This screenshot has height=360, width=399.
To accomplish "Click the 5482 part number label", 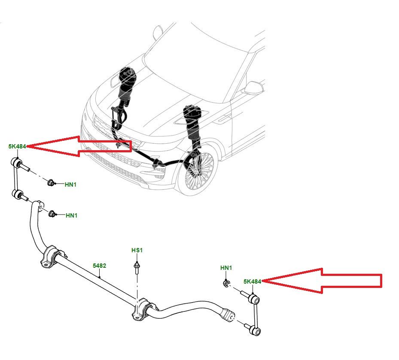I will click(100, 266).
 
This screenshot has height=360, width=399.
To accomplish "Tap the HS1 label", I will click(137, 250).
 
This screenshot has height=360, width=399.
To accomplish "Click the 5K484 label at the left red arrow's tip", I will click(18, 146).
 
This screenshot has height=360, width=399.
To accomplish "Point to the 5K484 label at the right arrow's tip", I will click(252, 281).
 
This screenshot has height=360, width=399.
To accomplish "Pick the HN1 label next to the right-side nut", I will click(226, 268).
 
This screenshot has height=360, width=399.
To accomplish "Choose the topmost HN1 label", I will click(71, 185).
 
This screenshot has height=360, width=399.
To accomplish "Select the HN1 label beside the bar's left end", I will click(71, 215).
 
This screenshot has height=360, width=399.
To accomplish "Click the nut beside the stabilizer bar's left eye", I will click(52, 213).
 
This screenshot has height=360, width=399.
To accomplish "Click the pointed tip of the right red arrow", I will click(263, 281).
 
